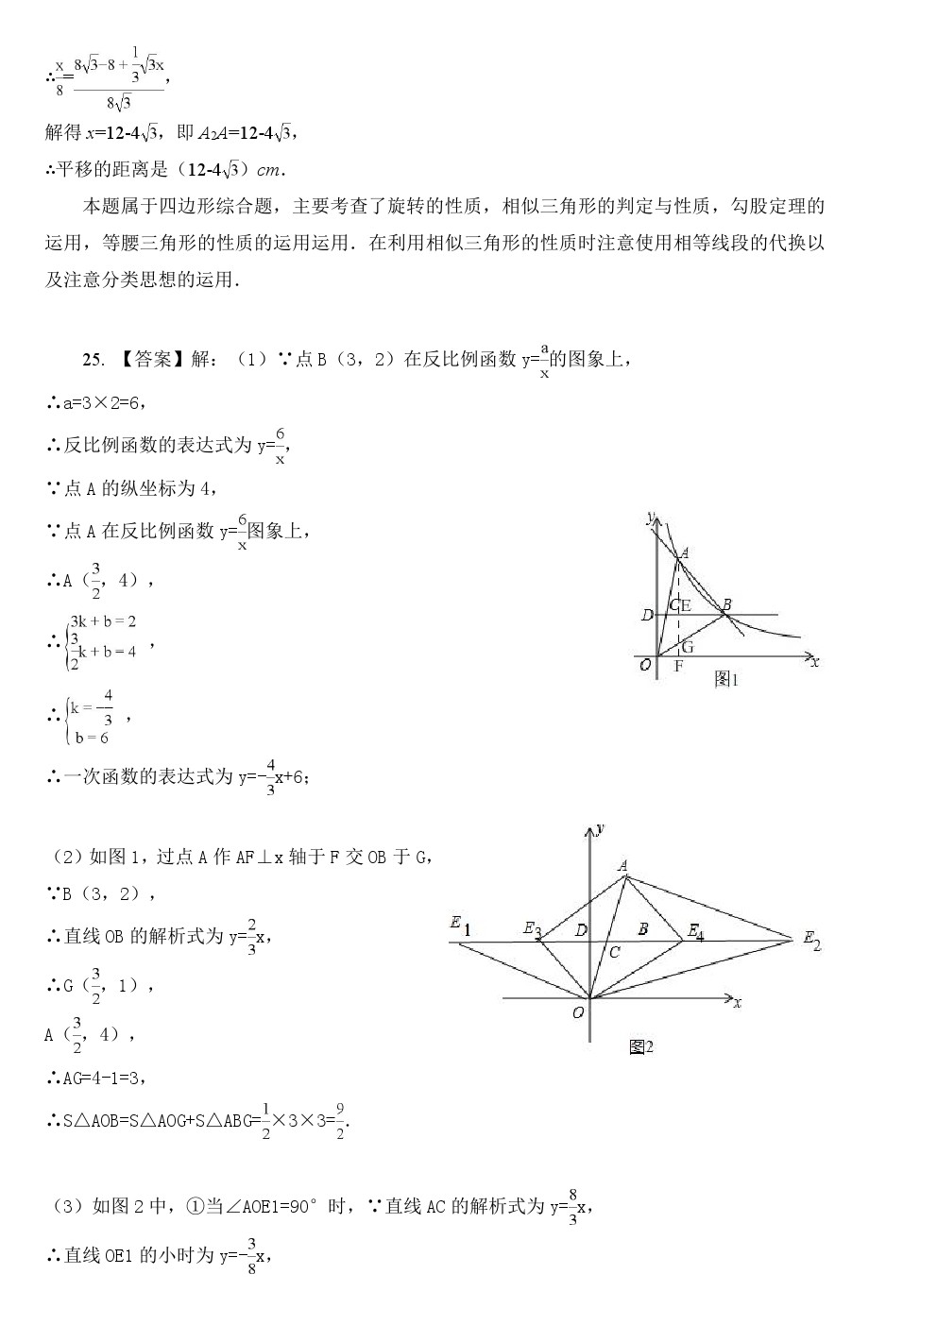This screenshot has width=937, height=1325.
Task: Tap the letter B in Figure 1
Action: pyautogui.click(x=726, y=603)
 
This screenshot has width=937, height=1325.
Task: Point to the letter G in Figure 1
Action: pyautogui.click(x=687, y=647)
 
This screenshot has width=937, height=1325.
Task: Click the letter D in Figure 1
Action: pyautogui.click(x=646, y=616)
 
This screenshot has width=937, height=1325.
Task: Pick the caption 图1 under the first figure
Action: pyautogui.click(x=724, y=679)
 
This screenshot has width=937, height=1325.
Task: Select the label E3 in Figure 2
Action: pyautogui.click(x=533, y=929)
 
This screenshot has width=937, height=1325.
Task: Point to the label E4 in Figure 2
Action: pyautogui.click(x=695, y=932)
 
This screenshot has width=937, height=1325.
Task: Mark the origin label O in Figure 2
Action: pyautogui.click(x=578, y=1012)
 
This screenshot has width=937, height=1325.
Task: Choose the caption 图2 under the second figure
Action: pyautogui.click(x=640, y=1046)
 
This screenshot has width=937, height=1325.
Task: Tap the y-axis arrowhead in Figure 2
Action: pyautogui.click(x=590, y=829)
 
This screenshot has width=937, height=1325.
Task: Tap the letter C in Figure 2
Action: pyautogui.click(x=614, y=952)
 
